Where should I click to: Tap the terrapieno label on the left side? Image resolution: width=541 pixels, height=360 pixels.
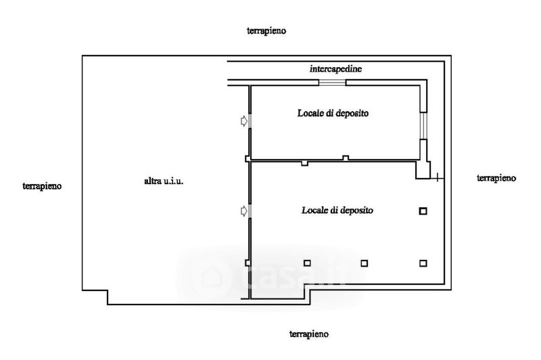click(x=42, y=185)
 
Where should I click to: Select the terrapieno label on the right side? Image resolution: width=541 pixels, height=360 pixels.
click(x=496, y=178)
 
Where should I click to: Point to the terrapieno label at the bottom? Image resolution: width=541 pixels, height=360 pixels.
click(x=309, y=334)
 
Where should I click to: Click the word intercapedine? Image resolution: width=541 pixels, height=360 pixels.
click(x=335, y=69)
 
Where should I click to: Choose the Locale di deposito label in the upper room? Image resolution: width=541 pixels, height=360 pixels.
click(x=332, y=114)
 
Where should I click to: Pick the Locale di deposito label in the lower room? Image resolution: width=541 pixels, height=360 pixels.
click(x=337, y=210)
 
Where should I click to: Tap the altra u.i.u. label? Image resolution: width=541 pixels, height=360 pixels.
click(x=164, y=181)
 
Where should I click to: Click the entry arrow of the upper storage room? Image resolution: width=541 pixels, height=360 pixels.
click(x=243, y=121)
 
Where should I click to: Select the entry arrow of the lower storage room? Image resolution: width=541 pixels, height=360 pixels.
click(x=243, y=212)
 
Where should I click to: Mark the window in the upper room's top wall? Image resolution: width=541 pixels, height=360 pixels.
click(x=332, y=83)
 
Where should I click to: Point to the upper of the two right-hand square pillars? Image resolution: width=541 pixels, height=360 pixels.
click(x=423, y=211)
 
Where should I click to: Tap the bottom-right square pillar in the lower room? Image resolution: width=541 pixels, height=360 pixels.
click(x=423, y=263)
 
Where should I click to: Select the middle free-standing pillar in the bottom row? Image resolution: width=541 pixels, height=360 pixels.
click(x=364, y=263)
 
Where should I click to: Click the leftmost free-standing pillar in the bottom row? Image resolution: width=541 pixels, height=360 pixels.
click(x=306, y=263)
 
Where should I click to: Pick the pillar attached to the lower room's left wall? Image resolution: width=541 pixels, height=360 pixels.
click(x=248, y=263)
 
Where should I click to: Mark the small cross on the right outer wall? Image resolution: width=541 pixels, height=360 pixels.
click(x=438, y=179)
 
